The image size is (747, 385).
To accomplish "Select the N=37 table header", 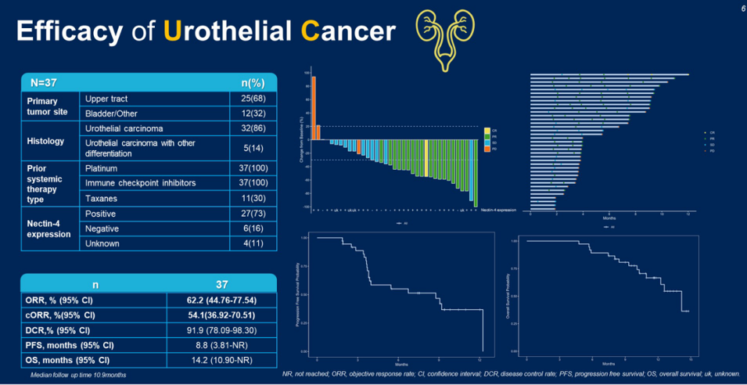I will point(46,82).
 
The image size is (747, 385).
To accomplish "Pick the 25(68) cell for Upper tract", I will point(253,99).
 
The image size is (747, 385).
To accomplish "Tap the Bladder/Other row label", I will point(112,114).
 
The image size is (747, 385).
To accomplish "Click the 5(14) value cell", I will point(253,148).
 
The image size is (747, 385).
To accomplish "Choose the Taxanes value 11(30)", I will point(253,199).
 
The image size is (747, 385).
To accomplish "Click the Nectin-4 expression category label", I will point(49,228).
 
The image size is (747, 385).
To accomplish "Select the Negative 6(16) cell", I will point(253,228).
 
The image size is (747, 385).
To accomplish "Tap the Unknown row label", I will point(102,243).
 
